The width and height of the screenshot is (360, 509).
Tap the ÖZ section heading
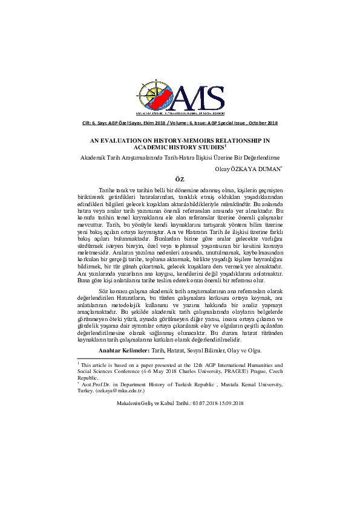(x=179, y=180)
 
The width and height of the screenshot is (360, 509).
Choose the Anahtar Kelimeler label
(x=123, y=351)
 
